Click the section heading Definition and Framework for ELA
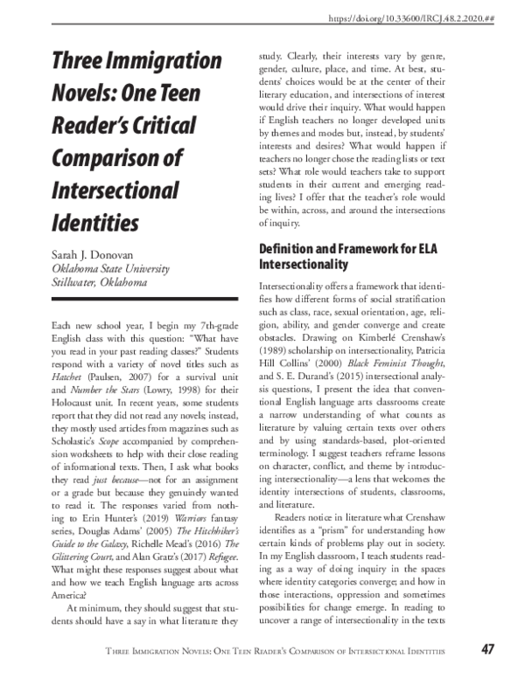346,249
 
